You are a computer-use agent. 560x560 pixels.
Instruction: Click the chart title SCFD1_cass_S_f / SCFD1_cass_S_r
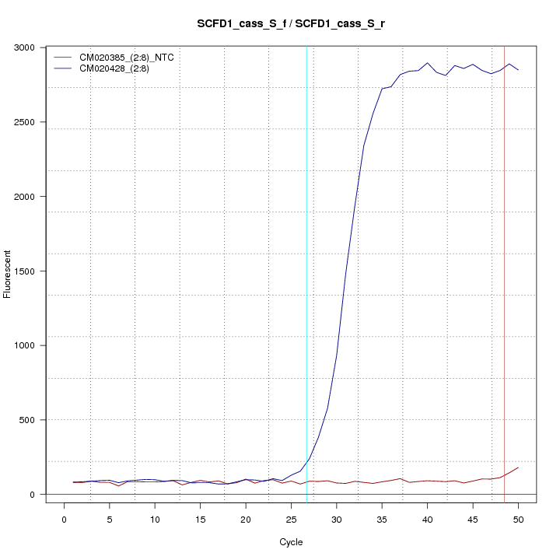coord(291,24)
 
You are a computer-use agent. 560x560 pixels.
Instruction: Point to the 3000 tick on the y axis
coord(27,47)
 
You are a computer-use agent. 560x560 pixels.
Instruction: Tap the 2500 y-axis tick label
coord(27,122)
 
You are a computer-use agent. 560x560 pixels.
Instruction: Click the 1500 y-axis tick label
coord(27,271)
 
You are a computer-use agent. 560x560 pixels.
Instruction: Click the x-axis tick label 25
coord(291,519)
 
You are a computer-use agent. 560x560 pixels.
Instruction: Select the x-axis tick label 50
coord(518,519)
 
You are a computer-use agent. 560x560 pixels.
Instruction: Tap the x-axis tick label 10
coord(155,519)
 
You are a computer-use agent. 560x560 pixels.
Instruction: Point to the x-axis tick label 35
coord(382,519)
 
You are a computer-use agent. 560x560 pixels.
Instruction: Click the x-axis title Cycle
coord(291,541)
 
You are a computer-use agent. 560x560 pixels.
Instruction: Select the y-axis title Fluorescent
coord(9,274)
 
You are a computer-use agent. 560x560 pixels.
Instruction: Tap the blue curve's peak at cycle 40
coord(427,63)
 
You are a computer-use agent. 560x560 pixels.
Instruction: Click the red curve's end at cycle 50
coord(518,467)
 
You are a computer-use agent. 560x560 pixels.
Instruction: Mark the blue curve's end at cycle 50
coord(518,70)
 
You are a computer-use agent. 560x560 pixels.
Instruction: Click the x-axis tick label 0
coord(64,519)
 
